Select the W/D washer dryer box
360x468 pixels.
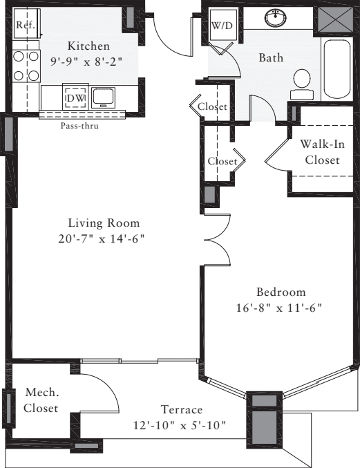click(x=222, y=27)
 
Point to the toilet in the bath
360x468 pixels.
click(x=301, y=81)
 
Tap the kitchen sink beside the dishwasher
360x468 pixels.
click(x=102, y=95)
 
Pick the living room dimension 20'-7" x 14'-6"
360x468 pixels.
click(x=104, y=238)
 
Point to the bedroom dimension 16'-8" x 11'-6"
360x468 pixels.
click(x=278, y=306)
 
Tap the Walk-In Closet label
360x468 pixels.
click(x=319, y=153)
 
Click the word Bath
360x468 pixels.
click(x=271, y=58)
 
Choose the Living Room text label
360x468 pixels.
click(x=104, y=223)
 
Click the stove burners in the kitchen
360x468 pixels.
click(x=25, y=66)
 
